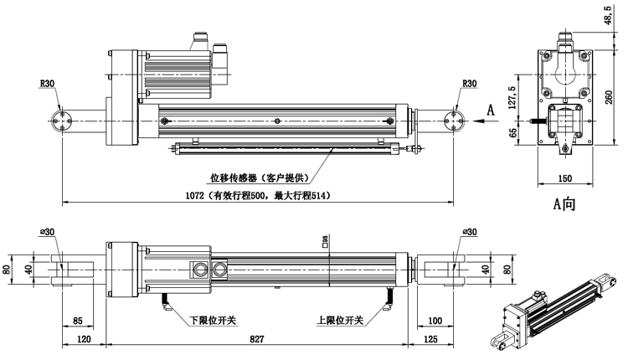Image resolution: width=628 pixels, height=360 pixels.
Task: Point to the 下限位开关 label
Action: tap(211, 320)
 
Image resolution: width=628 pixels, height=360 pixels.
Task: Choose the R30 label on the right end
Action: tap(468, 84)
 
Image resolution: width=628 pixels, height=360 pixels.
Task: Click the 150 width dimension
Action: tap(563, 178)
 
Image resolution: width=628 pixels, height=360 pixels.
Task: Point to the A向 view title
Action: tap(564, 203)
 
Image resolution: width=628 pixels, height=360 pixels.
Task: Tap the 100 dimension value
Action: tap(435, 320)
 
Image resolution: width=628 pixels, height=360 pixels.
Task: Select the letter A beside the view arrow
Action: tap(491, 109)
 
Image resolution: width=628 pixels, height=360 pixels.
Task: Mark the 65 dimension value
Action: tap(513, 132)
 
